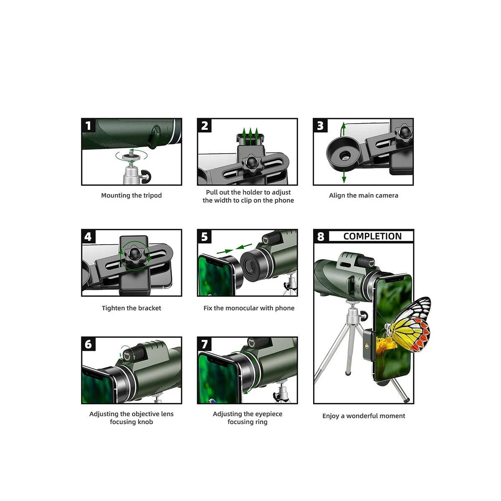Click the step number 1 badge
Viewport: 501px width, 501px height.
pos(89,126)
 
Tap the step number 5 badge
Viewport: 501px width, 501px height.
pos(204,237)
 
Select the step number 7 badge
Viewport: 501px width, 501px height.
pos(204,344)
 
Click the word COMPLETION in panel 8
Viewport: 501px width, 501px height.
pos(372,236)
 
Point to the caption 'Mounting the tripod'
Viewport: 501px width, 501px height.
pos(131,195)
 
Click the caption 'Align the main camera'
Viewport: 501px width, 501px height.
pos(364,195)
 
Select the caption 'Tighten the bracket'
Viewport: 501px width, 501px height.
pos(131,308)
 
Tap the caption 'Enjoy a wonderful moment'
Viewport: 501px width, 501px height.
pos(364,416)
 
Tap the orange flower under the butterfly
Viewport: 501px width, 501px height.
pos(386,344)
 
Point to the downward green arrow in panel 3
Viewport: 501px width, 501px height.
pos(344,176)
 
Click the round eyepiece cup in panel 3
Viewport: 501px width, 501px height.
pos(344,154)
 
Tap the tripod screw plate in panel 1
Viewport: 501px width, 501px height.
pos(131,157)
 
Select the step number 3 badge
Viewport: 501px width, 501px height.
pos(320,126)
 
